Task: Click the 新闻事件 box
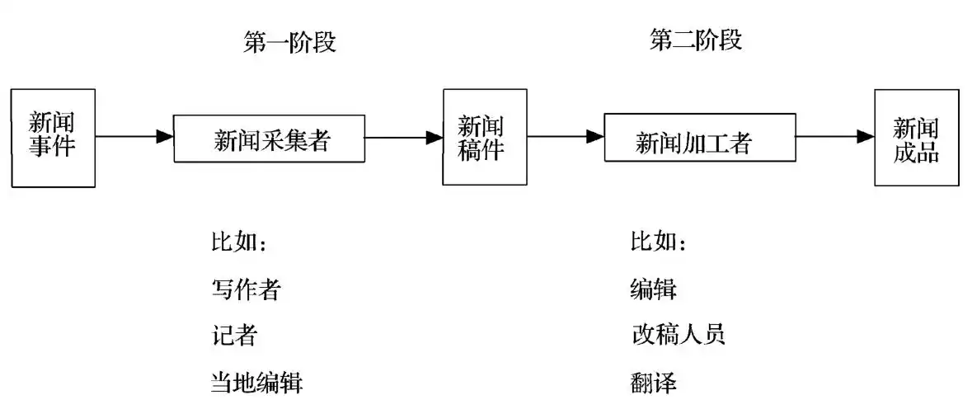click(53, 138)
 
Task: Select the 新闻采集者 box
click(269, 139)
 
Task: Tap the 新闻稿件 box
click(484, 138)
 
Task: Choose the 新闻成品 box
click(916, 138)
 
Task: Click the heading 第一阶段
click(289, 43)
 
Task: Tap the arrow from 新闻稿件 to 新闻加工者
click(565, 137)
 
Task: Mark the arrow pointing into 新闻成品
click(833, 137)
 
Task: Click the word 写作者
click(246, 289)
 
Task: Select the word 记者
click(234, 336)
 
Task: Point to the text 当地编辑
click(257, 383)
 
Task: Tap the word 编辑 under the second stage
click(653, 289)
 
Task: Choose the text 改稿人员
click(677, 335)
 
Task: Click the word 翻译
click(653, 383)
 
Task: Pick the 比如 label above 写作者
click(238, 243)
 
